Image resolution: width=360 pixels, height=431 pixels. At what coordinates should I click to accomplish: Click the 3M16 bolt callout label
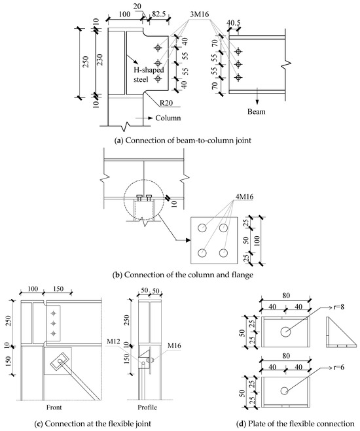(x=200, y=14)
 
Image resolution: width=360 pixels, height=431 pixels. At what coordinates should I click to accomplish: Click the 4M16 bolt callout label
(x=245, y=197)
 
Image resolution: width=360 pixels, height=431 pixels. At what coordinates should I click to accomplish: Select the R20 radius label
(x=167, y=103)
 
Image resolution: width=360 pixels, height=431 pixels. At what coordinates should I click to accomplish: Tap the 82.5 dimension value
(x=158, y=14)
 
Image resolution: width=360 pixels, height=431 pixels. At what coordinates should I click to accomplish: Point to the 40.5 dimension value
(x=234, y=24)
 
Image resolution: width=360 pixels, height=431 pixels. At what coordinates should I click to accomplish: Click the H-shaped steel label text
(x=149, y=75)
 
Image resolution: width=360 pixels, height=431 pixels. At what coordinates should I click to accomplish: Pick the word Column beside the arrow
(x=168, y=118)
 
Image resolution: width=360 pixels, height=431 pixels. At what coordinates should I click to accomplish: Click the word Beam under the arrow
(x=257, y=112)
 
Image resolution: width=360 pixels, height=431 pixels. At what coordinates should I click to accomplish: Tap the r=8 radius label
(x=338, y=307)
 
